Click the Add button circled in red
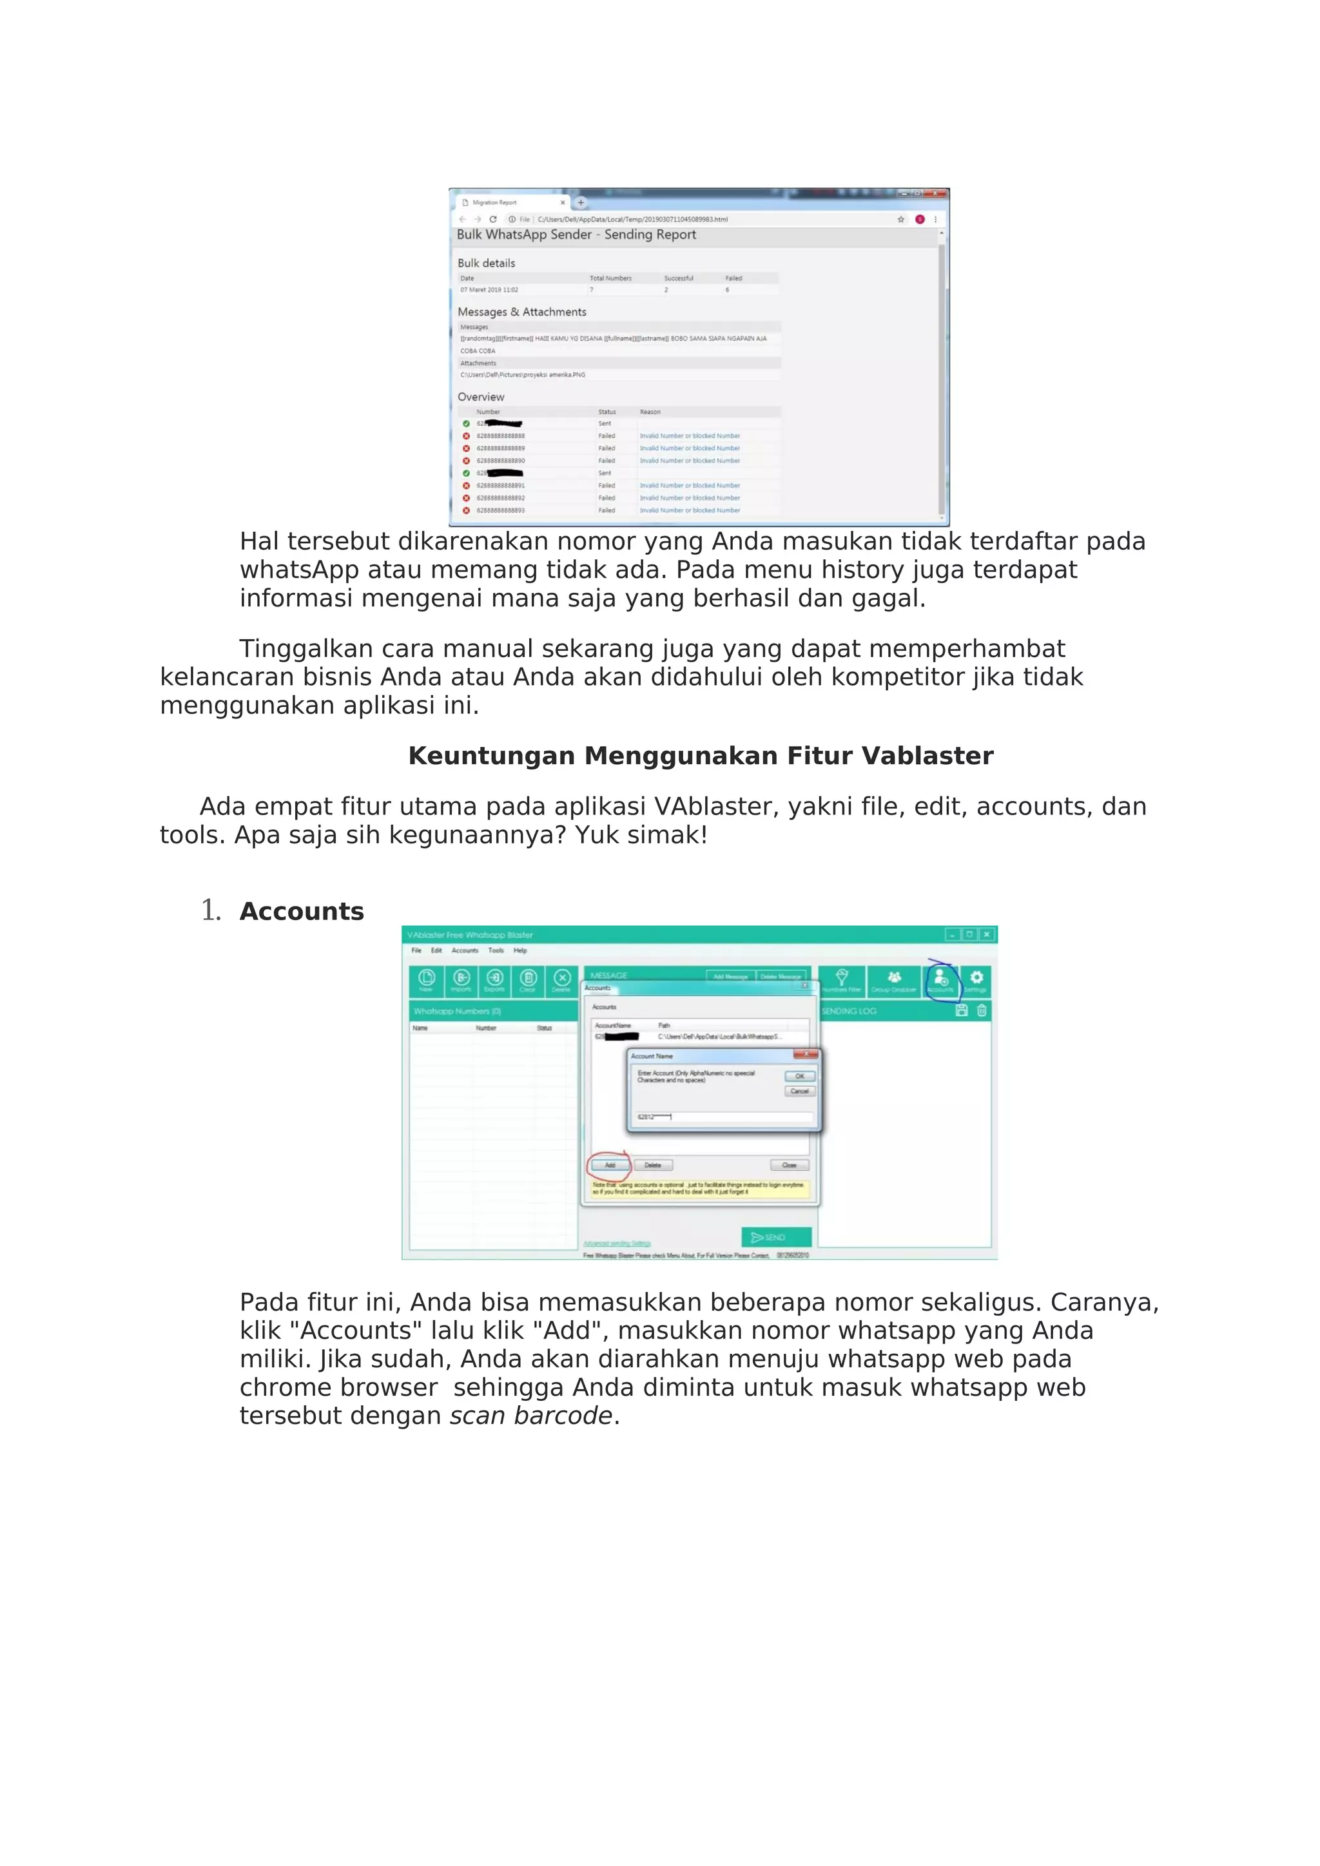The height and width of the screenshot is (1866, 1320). click(x=610, y=1166)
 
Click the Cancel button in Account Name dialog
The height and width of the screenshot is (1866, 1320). click(x=799, y=1092)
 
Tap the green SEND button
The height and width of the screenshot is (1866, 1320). click(x=775, y=1237)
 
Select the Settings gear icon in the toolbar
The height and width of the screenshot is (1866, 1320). click(x=976, y=980)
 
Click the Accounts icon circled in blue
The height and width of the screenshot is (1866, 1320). click(x=941, y=980)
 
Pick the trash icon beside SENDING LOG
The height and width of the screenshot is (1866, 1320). click(x=982, y=1011)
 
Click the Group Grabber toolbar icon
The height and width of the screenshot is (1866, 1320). click(x=893, y=980)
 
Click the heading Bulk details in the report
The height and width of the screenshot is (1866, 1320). click(x=486, y=264)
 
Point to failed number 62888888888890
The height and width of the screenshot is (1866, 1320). click(x=501, y=461)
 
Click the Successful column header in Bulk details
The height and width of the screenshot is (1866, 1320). click(x=679, y=278)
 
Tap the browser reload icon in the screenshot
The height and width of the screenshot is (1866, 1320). click(x=492, y=220)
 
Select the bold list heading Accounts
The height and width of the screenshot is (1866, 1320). click(x=302, y=912)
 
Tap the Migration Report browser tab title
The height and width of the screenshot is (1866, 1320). click(x=494, y=202)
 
